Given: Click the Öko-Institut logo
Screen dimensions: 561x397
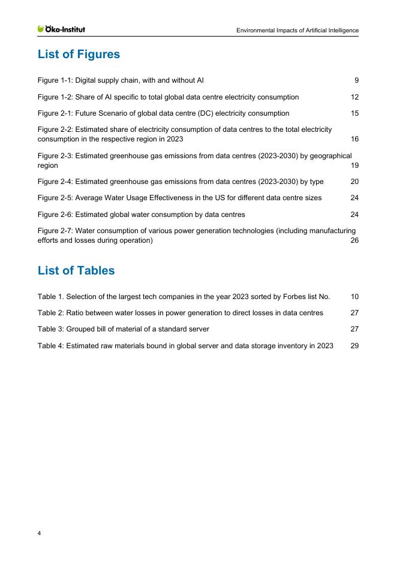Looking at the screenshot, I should pos(61,29).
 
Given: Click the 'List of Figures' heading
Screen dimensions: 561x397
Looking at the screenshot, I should pos(79,55).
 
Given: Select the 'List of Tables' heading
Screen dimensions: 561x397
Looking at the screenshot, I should pos(76,270).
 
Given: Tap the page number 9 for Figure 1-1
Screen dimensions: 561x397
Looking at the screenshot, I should pos(356,80).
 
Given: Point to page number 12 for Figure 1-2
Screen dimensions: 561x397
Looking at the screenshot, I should pos(354,96).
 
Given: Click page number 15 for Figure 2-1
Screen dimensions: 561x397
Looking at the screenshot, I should pos(354,113).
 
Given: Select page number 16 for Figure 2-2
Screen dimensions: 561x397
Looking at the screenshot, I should pos(354,139).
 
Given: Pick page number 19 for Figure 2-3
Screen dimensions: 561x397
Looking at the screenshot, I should pos(354,165).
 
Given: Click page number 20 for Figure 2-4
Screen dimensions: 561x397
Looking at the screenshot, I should pos(354,181).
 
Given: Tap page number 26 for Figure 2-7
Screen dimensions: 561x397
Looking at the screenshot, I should pos(354,241).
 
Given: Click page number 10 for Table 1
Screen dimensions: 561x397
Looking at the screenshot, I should pos(354,296).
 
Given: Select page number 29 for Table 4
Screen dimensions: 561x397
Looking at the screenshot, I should pos(354,346).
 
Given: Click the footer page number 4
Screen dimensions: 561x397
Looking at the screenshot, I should pos(40,533).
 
